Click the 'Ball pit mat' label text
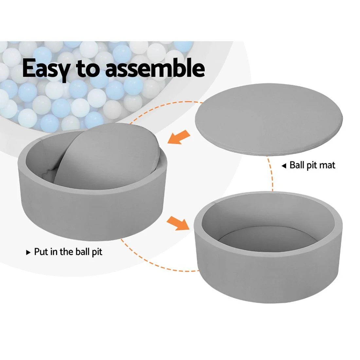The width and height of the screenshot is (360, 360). click(313, 165)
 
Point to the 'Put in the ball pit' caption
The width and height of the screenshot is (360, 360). click(68, 252)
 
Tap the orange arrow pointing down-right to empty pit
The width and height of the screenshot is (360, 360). click(178, 223)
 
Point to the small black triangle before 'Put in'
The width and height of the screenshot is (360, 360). click(28, 252)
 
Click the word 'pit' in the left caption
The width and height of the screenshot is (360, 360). click(97, 252)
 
